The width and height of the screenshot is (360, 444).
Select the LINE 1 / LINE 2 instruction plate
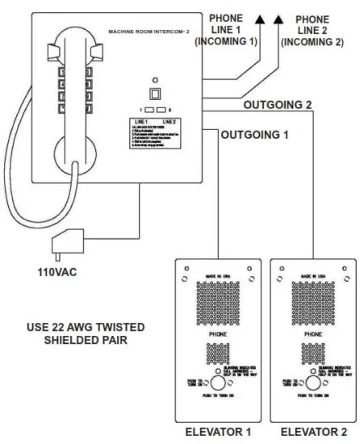tap(158, 135)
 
